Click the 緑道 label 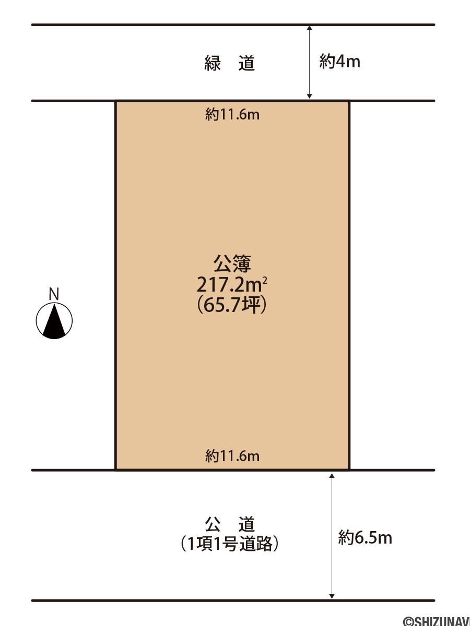coord(229,63)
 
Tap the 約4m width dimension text coord(339,62)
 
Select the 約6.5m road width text coord(365,538)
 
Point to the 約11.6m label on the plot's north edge coord(232,115)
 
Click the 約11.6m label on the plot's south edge coord(232,456)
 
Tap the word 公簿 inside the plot coord(232,264)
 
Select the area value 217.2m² coord(232,285)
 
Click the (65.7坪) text coord(232,305)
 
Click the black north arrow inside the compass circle coord(54,322)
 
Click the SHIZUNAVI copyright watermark coord(437,621)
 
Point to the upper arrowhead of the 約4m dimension coord(309,28)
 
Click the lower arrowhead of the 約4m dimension coord(309,97)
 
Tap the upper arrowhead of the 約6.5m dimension coord(332,476)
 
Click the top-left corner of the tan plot coord(115,101)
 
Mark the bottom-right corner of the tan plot coord(349,469)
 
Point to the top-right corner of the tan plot coord(349,101)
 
